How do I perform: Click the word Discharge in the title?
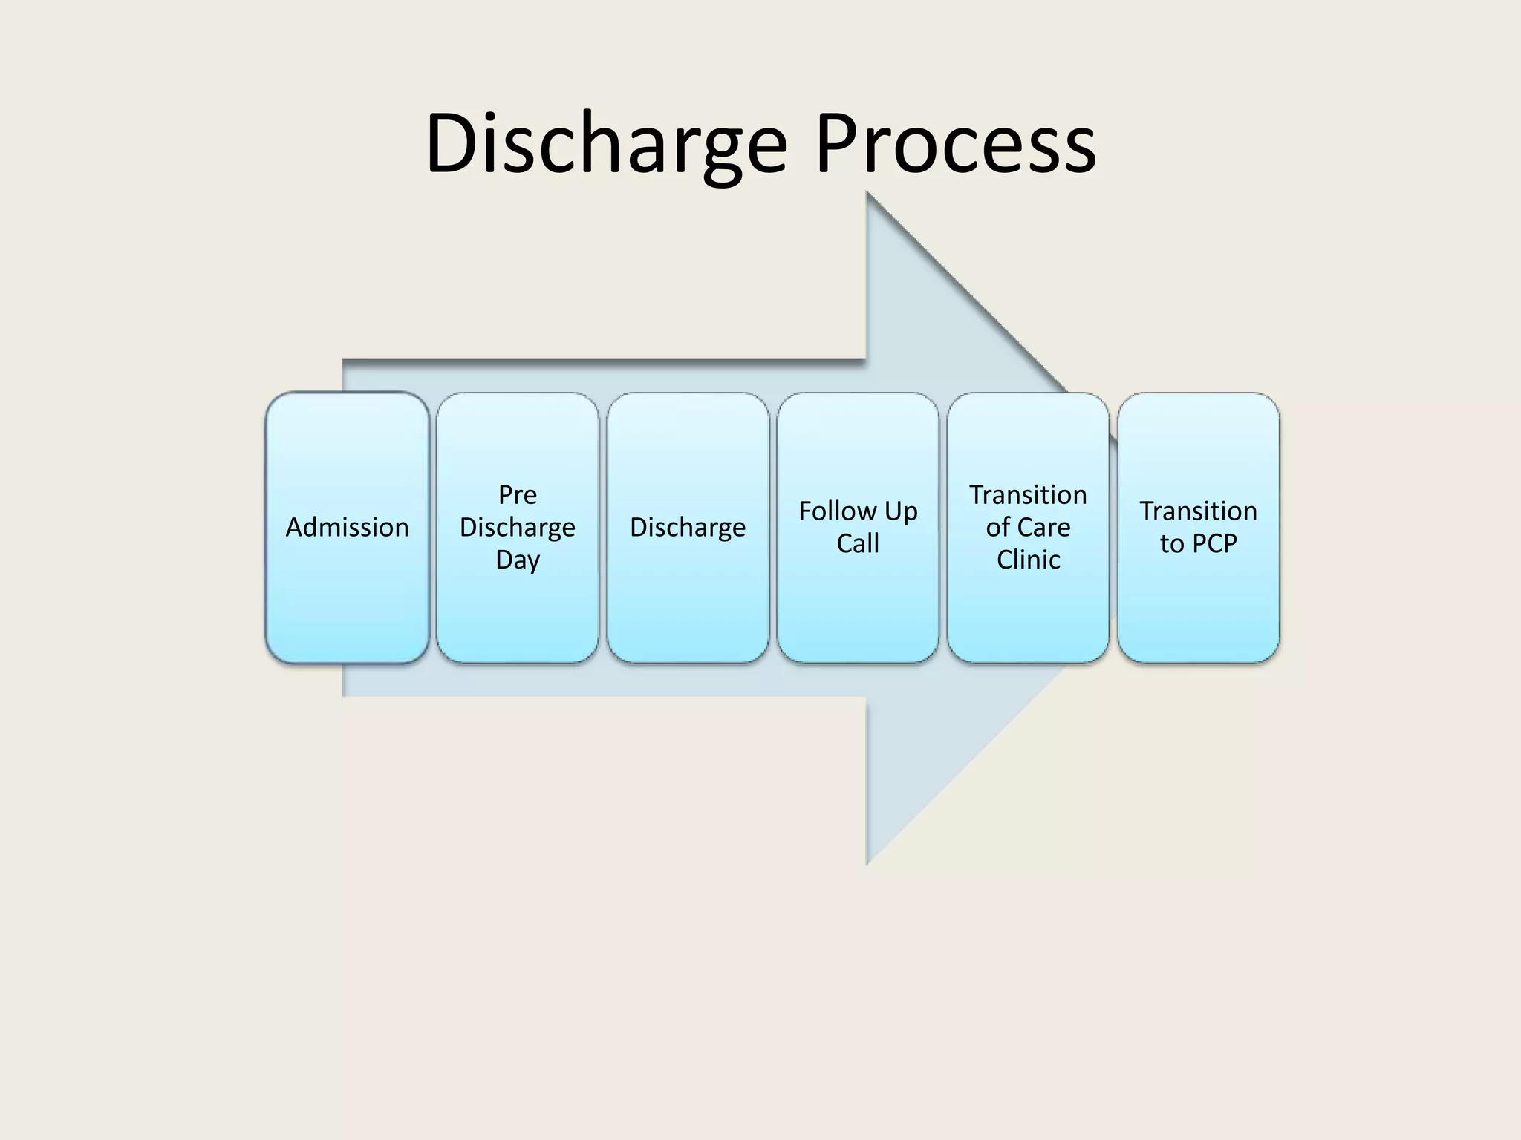click(605, 145)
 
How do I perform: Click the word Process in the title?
click(955, 145)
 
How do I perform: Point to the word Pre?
click(517, 494)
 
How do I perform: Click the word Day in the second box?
click(517, 560)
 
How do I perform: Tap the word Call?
click(858, 543)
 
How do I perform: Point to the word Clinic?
click(1028, 560)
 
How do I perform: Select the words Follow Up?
click(858, 511)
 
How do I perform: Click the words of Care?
click(1028, 527)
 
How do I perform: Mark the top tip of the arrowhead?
click(868, 194)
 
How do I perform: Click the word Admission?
click(347, 527)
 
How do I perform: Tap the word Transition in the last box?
click(1198, 511)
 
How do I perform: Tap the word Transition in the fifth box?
click(1028, 494)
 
